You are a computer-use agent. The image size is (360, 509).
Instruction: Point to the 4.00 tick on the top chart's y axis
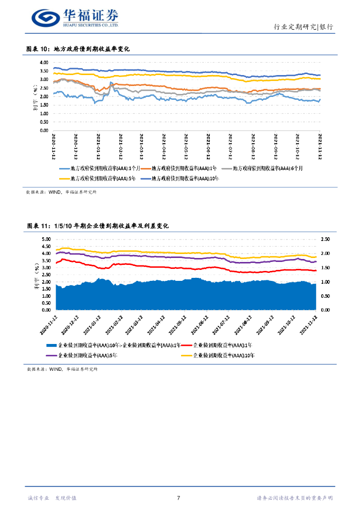coord(44,63)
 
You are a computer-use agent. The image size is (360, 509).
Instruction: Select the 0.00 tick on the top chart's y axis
coord(44,130)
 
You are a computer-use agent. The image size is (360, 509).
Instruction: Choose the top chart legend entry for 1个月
coord(102,168)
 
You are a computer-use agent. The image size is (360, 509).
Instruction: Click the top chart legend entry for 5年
coord(102,177)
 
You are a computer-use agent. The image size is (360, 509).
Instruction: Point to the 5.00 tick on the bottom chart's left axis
coord(46,239)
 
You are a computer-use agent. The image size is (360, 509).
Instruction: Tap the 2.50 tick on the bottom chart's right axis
coord(326,239)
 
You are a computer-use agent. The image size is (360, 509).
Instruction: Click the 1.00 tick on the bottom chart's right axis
coord(326,282)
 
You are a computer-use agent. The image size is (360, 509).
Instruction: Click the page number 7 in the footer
coord(179,498)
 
